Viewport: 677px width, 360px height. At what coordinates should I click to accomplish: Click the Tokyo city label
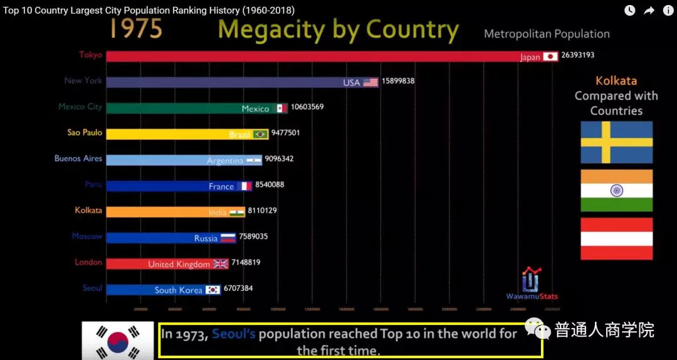(x=90, y=55)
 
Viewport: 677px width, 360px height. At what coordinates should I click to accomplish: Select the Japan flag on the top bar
(x=550, y=57)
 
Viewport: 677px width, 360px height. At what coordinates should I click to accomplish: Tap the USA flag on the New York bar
(x=370, y=83)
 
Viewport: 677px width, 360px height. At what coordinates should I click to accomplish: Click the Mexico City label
(x=80, y=107)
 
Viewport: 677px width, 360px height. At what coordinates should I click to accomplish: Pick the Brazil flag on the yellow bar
(x=260, y=134)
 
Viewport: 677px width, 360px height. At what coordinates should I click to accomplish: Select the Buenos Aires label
(x=78, y=159)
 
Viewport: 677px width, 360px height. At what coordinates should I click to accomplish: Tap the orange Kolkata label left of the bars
(x=88, y=211)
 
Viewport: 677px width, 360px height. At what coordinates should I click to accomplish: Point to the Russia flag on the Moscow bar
(x=228, y=238)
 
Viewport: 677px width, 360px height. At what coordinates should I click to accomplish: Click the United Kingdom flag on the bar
(x=221, y=264)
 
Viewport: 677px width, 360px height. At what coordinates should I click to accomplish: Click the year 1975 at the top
(x=136, y=29)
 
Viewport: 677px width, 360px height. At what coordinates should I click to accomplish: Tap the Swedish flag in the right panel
(x=616, y=142)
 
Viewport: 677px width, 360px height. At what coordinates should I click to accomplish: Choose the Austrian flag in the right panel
(x=616, y=239)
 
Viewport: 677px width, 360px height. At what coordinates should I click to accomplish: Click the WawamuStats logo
(x=532, y=283)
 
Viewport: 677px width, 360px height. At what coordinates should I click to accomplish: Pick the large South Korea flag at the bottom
(x=118, y=341)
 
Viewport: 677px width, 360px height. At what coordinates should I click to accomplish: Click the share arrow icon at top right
(x=649, y=10)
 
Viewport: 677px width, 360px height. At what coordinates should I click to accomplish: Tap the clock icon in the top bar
(x=629, y=10)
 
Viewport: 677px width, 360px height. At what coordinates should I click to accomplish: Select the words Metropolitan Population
(x=547, y=34)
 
